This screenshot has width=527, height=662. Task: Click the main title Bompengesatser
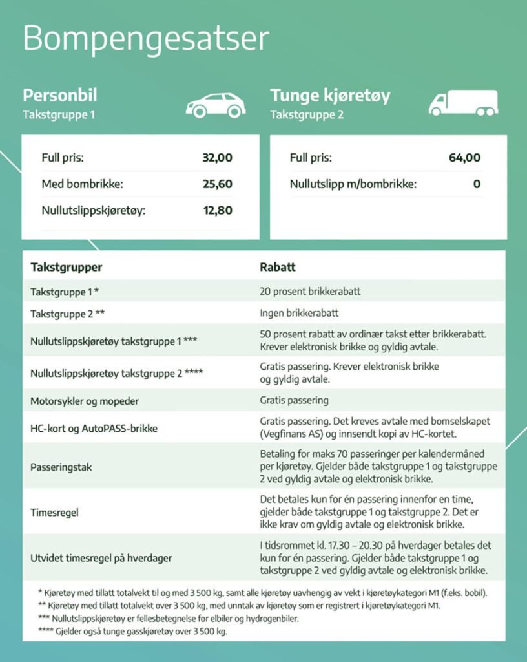pos(145,39)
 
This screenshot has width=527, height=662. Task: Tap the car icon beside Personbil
pos(216,105)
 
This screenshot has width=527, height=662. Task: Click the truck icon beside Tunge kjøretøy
pos(464,102)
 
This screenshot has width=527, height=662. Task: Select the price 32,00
pos(217,158)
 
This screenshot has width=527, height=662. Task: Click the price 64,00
pos(464,158)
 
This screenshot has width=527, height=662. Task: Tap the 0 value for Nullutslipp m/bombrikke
pos(477,184)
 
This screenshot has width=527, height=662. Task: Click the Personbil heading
pos(60,96)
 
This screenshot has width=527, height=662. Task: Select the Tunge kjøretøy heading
pos(330,96)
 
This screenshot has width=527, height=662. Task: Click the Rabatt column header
pos(278,267)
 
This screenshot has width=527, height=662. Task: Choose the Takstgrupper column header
pos(67,267)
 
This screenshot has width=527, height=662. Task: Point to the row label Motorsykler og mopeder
pos(85,401)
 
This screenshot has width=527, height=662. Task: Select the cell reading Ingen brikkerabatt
pos(299,314)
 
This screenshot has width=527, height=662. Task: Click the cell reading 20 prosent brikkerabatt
pos(310,292)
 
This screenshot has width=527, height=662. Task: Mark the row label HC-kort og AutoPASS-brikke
pos(94,428)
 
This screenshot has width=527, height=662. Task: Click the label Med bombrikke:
pos(82,184)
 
